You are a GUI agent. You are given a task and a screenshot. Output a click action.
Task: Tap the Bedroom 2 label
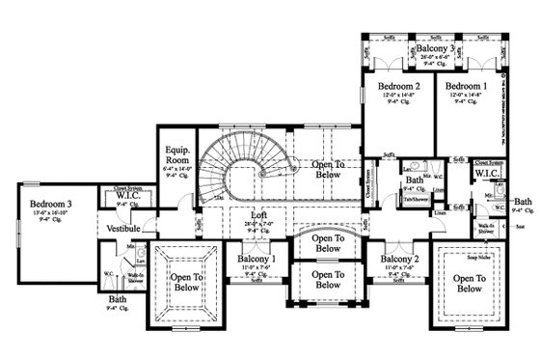tap(395, 86)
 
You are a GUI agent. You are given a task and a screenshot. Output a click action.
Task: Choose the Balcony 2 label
tap(397, 260)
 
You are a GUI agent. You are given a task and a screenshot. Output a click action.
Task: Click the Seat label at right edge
tap(519, 228)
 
